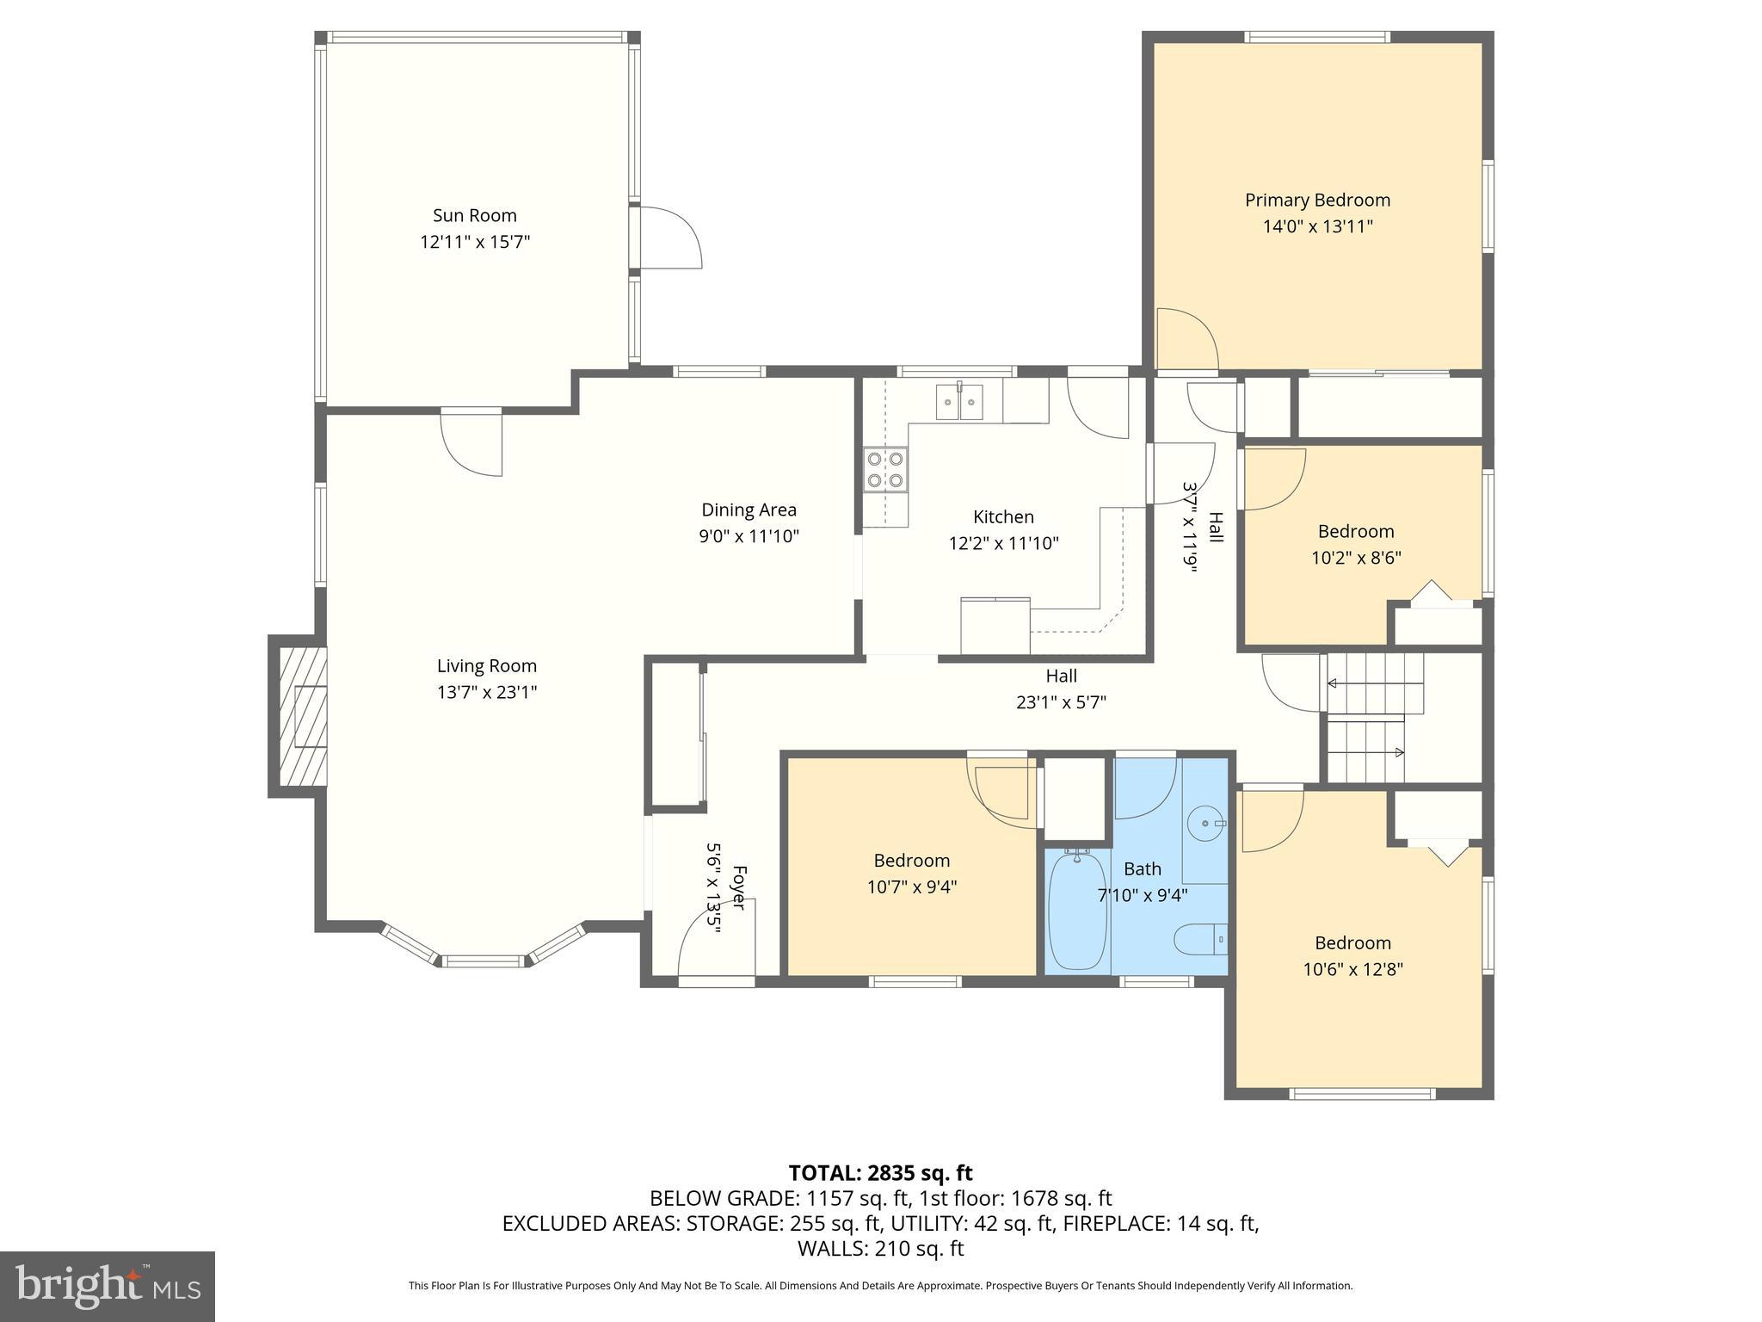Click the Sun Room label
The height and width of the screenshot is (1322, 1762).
tap(474, 215)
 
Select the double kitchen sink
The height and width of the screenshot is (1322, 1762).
tap(959, 402)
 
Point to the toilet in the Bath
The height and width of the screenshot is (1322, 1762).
tap(1201, 940)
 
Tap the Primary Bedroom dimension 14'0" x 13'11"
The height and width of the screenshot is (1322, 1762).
tap(1317, 227)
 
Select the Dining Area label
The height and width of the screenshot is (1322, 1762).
tap(749, 510)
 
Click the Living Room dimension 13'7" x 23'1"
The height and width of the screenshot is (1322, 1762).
tap(487, 692)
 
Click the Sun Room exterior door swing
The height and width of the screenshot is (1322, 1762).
tap(669, 238)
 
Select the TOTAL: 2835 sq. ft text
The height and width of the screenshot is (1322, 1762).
tap(880, 1173)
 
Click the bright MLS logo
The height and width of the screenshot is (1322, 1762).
tap(108, 1286)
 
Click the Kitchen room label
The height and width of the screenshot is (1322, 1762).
tap(1003, 516)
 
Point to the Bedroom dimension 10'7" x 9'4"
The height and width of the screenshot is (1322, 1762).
tap(911, 886)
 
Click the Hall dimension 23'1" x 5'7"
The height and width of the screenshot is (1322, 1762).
tap(1061, 702)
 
